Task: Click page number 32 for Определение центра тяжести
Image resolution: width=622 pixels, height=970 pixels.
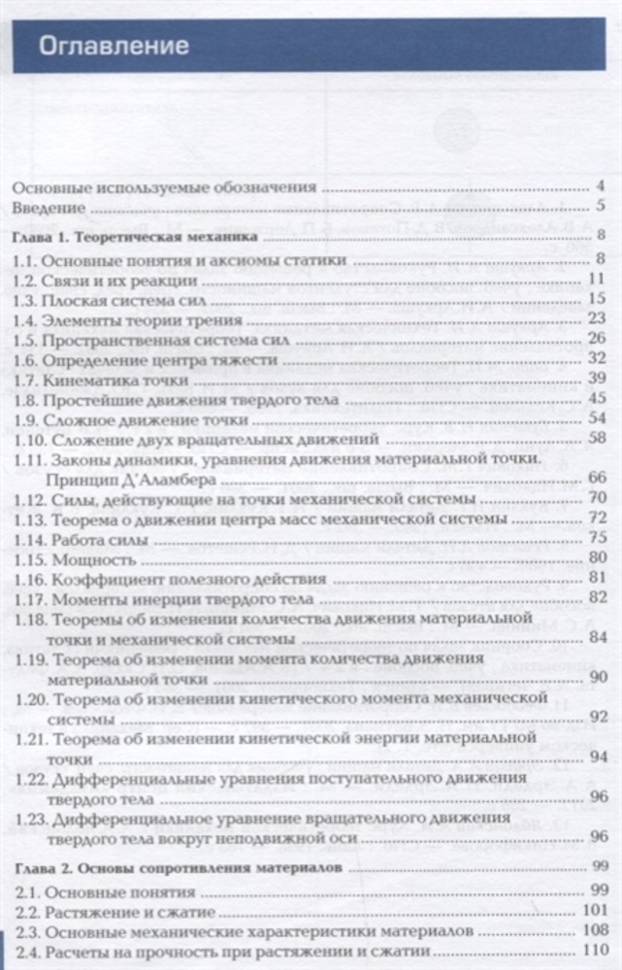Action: (x=597, y=358)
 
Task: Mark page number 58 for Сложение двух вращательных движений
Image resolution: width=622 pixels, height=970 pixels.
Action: (x=597, y=438)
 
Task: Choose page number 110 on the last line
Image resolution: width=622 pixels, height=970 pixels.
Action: (x=594, y=951)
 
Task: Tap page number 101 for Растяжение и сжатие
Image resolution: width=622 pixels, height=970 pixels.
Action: (x=594, y=911)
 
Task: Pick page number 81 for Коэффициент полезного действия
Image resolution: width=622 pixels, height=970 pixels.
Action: (x=597, y=578)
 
